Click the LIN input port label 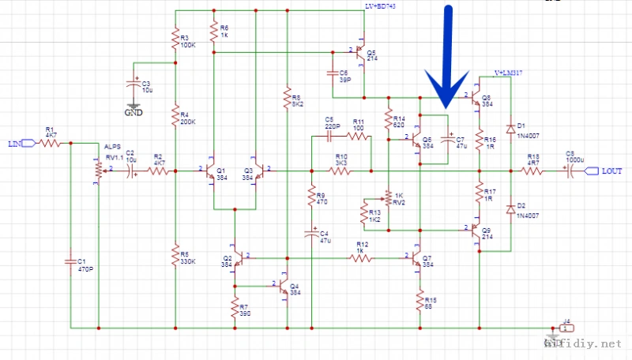coord(15,143)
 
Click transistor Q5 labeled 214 coord(359,54)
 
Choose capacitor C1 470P coord(71,261)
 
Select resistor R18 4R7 coord(533,170)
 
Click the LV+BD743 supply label coord(380,6)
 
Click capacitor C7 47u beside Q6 coord(448,143)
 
